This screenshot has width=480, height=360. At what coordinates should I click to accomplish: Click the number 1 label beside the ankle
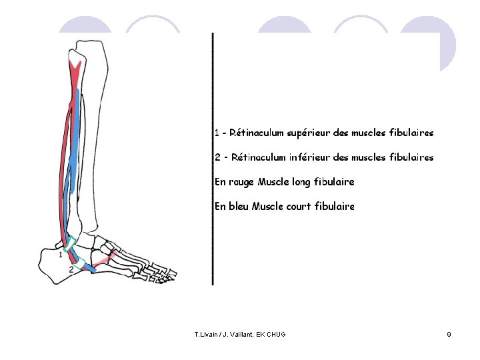(60, 254)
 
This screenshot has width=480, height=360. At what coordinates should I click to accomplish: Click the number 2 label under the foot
(71, 270)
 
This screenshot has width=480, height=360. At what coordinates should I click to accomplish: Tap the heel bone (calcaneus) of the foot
(53, 263)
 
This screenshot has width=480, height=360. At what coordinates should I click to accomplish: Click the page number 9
(449, 333)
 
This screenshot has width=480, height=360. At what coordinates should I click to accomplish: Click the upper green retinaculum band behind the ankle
(73, 241)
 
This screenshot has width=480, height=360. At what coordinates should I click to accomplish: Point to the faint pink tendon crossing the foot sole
(110, 258)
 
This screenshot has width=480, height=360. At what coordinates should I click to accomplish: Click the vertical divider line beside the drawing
(213, 160)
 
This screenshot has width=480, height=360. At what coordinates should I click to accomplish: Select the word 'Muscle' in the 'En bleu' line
(269, 207)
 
